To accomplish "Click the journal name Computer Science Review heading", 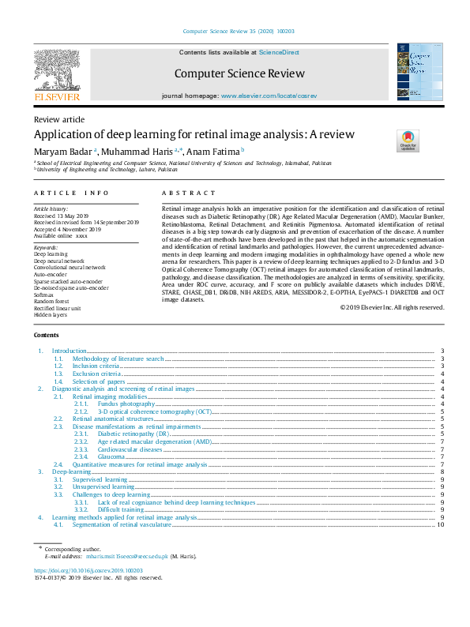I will click(x=239, y=73).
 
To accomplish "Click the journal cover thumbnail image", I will click(x=415, y=72).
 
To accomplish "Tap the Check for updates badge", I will click(x=408, y=141).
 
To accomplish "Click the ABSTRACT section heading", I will click(x=188, y=193).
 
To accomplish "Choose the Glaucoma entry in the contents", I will click(x=111, y=456).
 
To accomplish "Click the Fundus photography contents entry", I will click(x=126, y=404).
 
